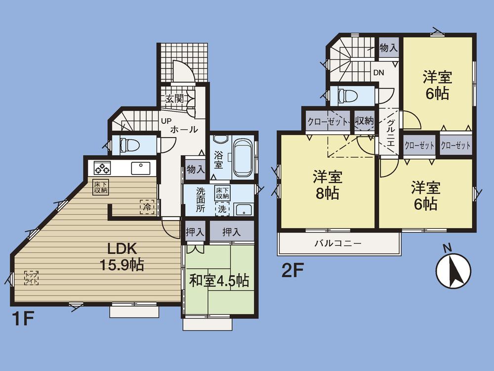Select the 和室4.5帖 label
pyautogui.click(x=219, y=280)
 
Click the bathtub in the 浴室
pyautogui.click(x=243, y=157)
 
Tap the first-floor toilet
pyautogui.click(x=130, y=145)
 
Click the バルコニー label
pyautogui.click(x=338, y=243)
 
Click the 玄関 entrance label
pyautogui.click(x=174, y=98)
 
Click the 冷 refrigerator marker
pyautogui.click(x=147, y=206)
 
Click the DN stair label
pyautogui.click(x=378, y=73)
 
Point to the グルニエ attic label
pyautogui.click(x=390, y=133)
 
